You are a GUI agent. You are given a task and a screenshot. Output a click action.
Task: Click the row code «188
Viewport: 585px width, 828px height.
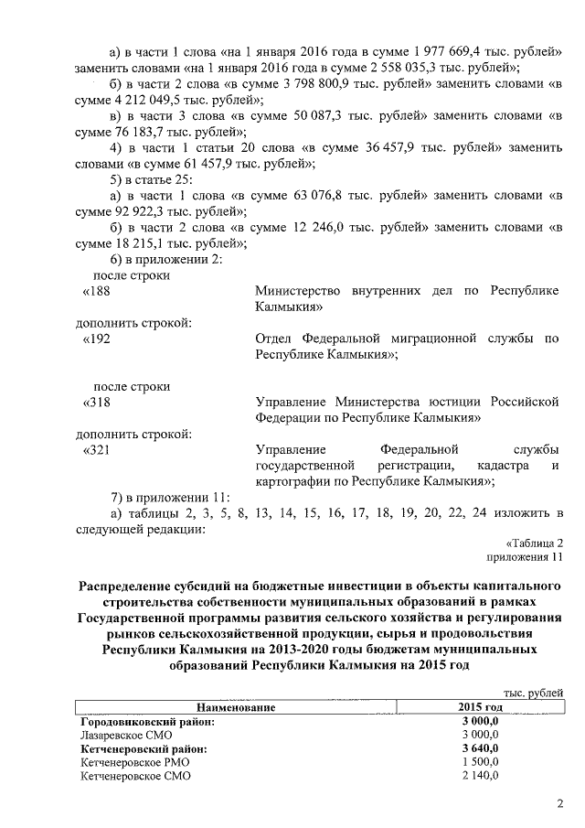pos(97,290)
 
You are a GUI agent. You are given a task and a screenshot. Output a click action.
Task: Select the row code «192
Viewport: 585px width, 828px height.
pos(97,339)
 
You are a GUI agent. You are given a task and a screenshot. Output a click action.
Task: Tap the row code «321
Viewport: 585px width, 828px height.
pos(97,449)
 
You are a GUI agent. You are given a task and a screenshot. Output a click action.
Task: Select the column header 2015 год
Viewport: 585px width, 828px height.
pos(480,708)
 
